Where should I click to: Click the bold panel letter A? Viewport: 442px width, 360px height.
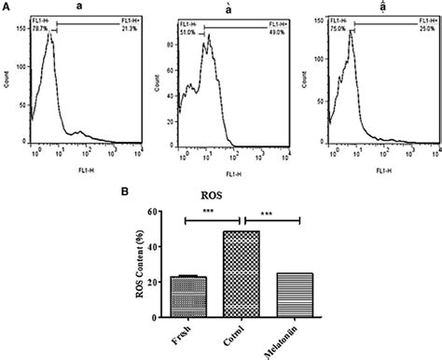[x=7, y=7]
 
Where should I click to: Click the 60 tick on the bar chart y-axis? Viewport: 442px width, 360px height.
[x=156, y=212]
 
